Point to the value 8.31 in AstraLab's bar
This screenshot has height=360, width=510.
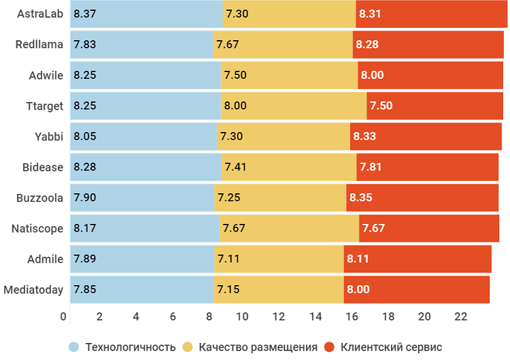[371, 14]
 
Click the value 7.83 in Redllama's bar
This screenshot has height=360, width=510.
[85, 44]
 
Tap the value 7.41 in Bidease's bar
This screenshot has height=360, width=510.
[236, 167]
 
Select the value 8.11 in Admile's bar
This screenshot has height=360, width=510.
[358, 259]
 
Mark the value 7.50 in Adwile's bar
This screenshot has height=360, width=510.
[235, 75]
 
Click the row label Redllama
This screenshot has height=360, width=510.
[39, 44]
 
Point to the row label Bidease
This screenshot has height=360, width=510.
[43, 167]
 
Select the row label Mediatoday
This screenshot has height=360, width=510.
[33, 289]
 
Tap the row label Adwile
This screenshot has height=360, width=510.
[46, 75]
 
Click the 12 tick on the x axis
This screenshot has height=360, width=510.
[279, 316]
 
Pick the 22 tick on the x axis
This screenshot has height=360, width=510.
[460, 316]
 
